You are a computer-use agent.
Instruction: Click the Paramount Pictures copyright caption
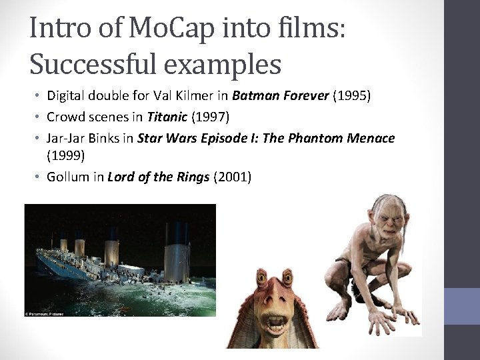53,312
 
